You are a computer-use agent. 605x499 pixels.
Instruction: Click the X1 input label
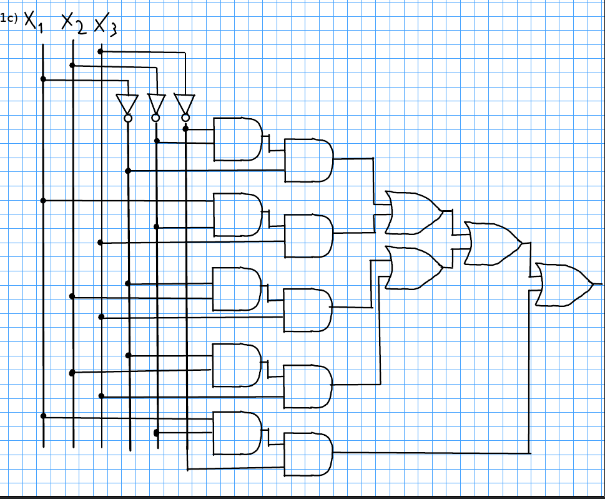[x=34, y=22]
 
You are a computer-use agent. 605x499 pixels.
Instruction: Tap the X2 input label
[x=74, y=23]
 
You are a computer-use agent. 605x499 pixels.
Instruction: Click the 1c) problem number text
[x=9, y=18]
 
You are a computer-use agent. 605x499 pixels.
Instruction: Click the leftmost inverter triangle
[x=127, y=104]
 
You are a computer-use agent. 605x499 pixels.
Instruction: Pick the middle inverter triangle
[x=156, y=104]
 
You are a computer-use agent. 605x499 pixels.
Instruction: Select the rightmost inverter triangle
[x=184, y=104]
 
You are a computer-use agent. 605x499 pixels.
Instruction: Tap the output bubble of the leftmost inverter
[x=128, y=118]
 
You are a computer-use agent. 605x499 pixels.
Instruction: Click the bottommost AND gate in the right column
[x=308, y=454]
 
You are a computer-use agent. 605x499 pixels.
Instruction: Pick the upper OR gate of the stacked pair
[x=415, y=213]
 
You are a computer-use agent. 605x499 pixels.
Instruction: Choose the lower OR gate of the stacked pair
[x=415, y=268]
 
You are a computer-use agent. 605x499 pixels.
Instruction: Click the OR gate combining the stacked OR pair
[x=493, y=243]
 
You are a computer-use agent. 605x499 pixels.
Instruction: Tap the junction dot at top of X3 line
[x=101, y=51]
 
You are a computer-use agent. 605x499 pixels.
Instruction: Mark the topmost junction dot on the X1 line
[x=43, y=79]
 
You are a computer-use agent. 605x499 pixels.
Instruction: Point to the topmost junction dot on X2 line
[x=72, y=65]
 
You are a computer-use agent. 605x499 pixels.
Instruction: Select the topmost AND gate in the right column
[x=308, y=161]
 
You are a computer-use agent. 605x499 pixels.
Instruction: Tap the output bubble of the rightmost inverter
[x=185, y=118]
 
